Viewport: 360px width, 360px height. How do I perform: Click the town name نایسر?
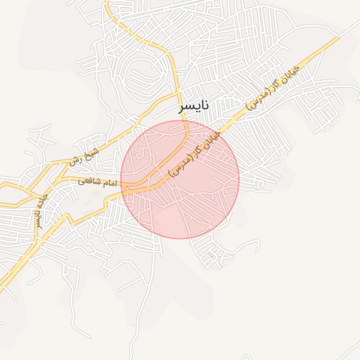coord(194,107)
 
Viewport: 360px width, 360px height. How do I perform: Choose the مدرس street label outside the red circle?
coord(274,88)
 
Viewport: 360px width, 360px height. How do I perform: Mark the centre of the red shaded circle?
coord(180,179)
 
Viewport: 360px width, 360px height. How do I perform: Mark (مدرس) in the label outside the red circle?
coord(259,99)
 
